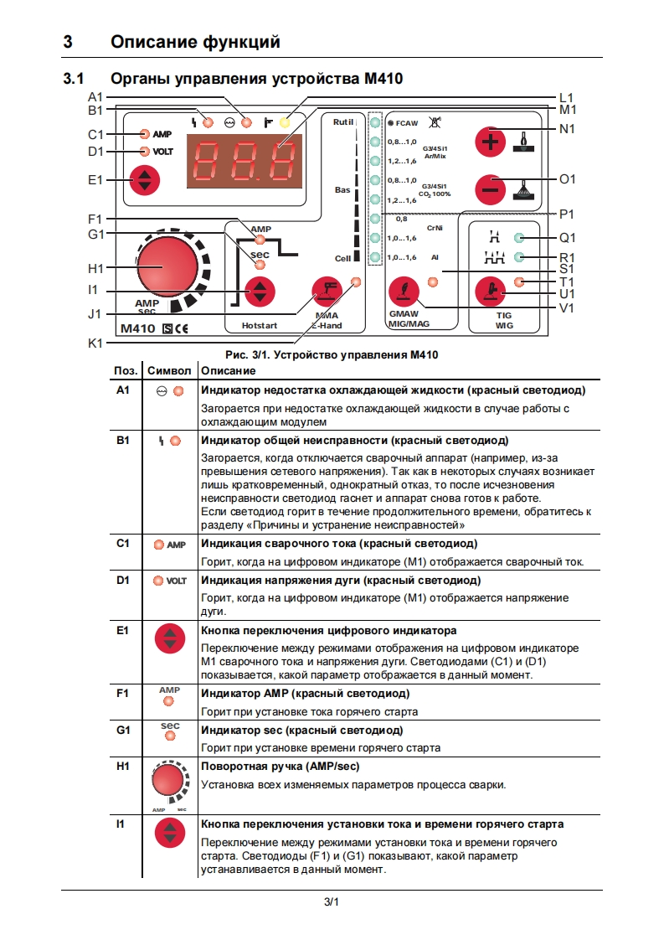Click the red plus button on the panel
491,142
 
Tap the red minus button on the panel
491,189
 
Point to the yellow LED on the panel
286,122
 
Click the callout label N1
567,129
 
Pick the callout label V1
567,308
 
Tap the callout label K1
95,343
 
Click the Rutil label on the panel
343,122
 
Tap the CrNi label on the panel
435,228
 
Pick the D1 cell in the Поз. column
124,580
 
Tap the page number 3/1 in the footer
332,902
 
